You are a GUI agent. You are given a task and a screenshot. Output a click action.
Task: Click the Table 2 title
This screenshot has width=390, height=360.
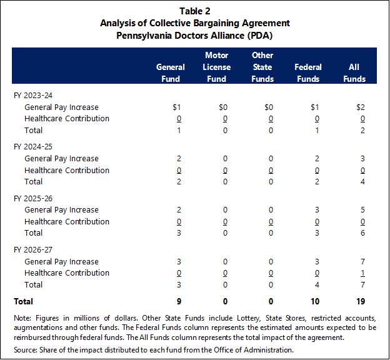(195, 11)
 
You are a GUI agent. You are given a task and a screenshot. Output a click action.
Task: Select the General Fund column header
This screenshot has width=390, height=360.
(171, 73)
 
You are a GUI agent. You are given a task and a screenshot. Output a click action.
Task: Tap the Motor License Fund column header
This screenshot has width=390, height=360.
(216, 67)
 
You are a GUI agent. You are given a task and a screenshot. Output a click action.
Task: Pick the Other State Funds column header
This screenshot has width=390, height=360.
(262, 67)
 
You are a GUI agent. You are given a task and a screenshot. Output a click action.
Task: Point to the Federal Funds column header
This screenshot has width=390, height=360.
(308, 73)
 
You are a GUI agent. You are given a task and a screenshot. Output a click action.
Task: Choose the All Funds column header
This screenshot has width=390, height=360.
(354, 73)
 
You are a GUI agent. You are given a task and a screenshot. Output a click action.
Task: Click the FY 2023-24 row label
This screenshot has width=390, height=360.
(33, 96)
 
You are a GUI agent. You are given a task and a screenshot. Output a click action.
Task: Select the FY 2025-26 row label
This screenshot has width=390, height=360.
(33, 199)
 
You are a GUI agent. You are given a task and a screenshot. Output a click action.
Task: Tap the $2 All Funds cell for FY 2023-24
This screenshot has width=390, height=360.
(361, 107)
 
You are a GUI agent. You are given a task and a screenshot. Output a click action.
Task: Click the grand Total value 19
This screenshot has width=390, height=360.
(361, 301)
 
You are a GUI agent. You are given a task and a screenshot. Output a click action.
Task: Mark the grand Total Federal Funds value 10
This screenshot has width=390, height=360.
(314, 301)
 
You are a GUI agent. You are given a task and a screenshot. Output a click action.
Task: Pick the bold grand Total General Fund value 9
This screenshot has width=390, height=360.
(179, 301)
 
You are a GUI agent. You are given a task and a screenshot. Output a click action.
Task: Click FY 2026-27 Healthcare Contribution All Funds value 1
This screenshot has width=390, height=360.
(362, 273)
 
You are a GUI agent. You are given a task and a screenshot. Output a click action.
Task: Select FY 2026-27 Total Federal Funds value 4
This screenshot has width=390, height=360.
(317, 284)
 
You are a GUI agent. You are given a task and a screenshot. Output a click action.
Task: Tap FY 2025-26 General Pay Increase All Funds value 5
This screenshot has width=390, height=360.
(362, 210)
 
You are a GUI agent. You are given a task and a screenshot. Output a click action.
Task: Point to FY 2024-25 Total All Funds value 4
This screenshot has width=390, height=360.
(362, 182)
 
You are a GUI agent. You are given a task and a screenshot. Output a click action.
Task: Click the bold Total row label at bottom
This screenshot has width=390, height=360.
(23, 301)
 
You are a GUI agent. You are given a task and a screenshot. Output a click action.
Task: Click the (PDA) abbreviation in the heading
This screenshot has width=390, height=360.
(260, 36)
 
